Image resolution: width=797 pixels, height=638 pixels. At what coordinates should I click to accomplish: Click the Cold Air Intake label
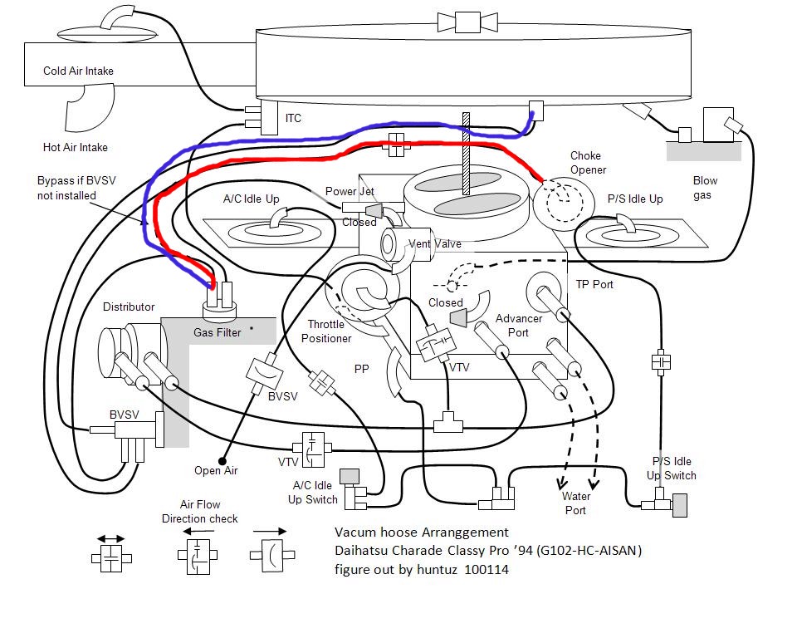(x=78, y=71)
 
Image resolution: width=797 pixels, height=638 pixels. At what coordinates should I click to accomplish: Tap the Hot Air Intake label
(x=76, y=147)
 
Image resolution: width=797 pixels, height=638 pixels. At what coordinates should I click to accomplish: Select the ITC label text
(x=293, y=119)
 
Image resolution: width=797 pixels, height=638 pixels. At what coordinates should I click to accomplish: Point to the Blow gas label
(x=705, y=187)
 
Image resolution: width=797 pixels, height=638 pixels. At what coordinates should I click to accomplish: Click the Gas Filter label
(x=218, y=332)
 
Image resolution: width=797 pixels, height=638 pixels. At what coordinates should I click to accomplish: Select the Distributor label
(x=129, y=307)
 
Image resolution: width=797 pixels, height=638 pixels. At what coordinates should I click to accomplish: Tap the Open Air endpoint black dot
(x=222, y=460)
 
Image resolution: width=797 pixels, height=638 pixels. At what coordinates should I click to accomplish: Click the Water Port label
(x=575, y=503)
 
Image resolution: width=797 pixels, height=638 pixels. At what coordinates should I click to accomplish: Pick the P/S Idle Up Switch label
(x=672, y=469)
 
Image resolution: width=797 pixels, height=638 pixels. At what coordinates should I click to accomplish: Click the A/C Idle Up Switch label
(x=312, y=492)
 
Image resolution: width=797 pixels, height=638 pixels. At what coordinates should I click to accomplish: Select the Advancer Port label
(x=518, y=326)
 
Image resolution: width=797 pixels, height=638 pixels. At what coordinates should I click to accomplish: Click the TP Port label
(x=594, y=283)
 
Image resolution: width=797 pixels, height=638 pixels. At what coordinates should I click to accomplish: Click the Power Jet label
(x=350, y=191)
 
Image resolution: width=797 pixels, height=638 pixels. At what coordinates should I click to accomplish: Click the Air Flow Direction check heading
(x=209, y=512)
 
